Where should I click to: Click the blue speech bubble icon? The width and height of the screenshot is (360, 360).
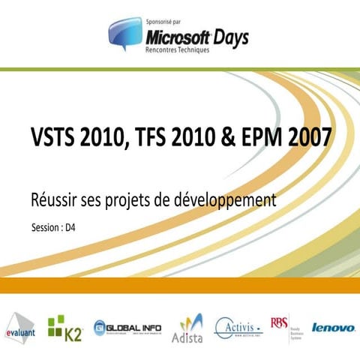coord(124,33)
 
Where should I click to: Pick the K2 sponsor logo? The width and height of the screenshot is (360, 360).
coord(64,327)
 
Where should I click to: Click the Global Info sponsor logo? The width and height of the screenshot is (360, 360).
coord(128,328)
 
